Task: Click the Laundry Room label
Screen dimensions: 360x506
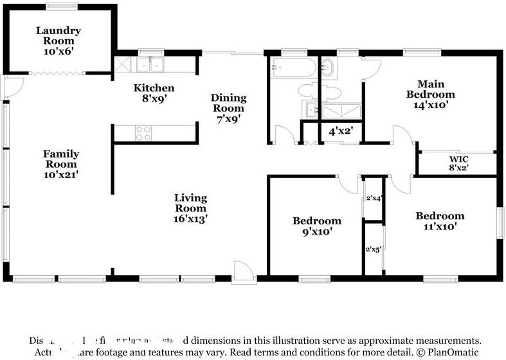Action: point(58,40)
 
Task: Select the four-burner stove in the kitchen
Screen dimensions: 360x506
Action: point(143,133)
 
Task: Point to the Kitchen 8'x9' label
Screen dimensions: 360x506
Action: point(154,94)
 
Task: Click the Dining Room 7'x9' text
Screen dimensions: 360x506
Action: point(229,108)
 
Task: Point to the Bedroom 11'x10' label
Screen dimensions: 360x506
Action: point(439,221)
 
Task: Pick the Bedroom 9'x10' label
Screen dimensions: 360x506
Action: point(316,226)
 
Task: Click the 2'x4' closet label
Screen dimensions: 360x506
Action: point(374,198)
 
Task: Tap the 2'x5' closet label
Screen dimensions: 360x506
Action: point(374,249)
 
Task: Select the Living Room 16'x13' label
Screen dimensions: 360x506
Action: point(190,208)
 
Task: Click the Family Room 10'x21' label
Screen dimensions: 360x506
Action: point(61,163)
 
